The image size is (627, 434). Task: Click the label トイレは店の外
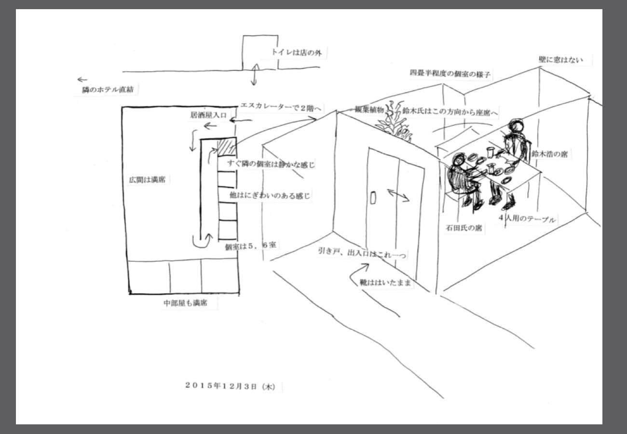click(297, 53)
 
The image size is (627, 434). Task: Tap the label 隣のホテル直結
click(108, 90)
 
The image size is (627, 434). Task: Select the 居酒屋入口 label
click(208, 115)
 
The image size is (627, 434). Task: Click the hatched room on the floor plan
click(227, 147)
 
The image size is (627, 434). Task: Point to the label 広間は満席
click(147, 180)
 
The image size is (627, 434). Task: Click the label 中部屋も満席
click(185, 303)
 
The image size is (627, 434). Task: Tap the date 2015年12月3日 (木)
click(230, 386)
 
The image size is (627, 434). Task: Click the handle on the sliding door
click(373, 198)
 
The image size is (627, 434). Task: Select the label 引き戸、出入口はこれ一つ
click(362, 253)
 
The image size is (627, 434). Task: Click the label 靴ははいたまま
click(385, 283)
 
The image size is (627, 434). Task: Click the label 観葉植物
click(369, 109)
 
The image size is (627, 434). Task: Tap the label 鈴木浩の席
click(549, 154)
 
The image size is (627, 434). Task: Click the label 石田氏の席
click(464, 228)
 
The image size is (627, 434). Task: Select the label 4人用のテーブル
click(527, 218)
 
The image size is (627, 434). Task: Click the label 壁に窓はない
click(560, 60)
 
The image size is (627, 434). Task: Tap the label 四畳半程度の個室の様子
click(450, 74)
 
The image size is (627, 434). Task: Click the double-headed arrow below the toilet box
click(254, 74)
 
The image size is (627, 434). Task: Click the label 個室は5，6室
click(250, 246)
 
